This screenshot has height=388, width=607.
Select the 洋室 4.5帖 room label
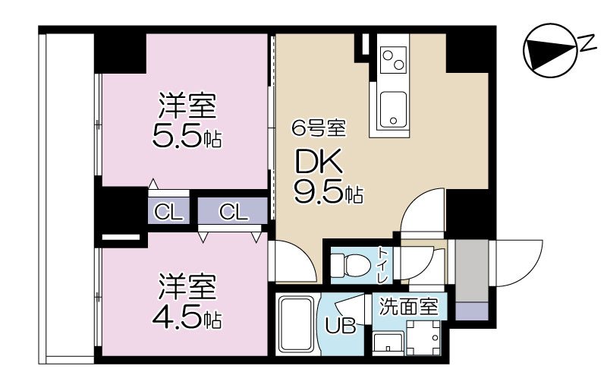(187, 303)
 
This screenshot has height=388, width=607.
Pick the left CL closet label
(169, 213)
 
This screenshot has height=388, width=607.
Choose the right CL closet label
(234, 213)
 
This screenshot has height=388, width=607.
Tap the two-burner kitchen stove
(394, 58)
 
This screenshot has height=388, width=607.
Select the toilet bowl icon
(351, 263)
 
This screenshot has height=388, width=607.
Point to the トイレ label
(384, 264)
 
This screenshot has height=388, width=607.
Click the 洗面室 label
(408, 308)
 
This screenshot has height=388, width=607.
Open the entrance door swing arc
(521, 263)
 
